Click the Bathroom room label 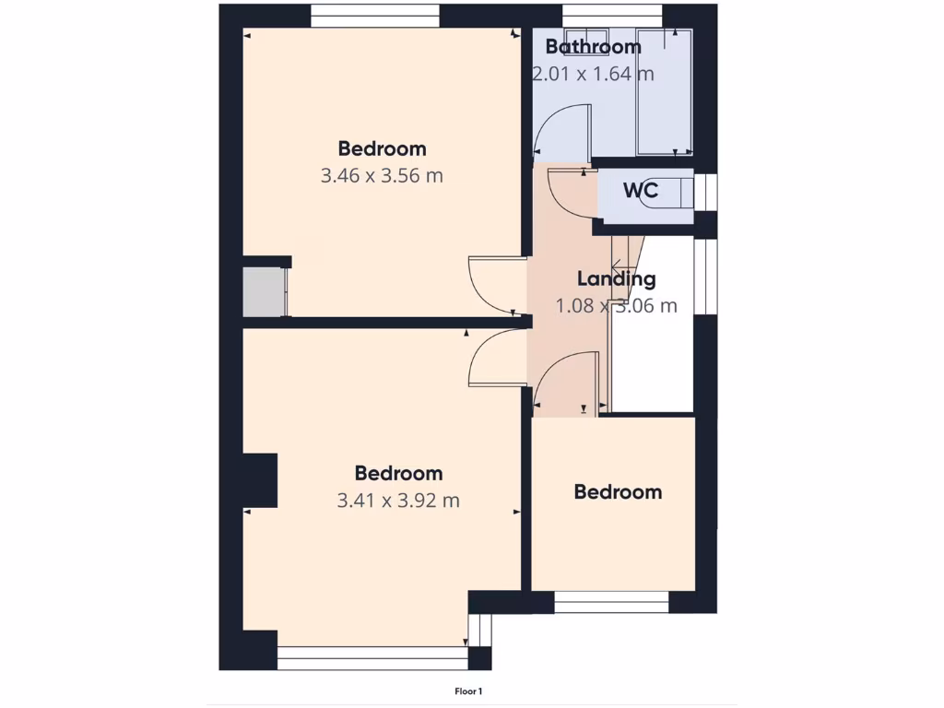pos(593,46)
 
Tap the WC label pos(640,191)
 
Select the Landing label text pos(616,278)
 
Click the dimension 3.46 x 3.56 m pos(382,175)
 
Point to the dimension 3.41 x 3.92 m pos(398,501)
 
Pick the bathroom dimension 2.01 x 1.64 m pos(593,74)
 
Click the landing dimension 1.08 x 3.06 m pos(616,306)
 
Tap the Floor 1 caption pos(469,690)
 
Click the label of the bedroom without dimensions pos(618,492)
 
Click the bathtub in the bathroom pos(665,92)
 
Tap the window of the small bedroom pos(611,602)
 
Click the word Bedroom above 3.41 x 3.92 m pos(398,473)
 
